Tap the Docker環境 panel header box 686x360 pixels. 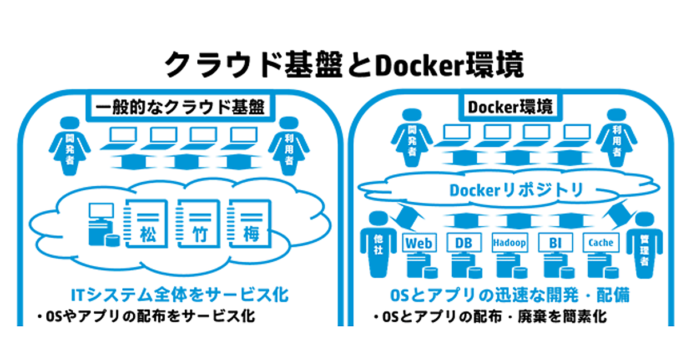click(510, 107)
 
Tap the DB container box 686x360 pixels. click(463, 243)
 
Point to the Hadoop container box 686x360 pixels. click(509, 243)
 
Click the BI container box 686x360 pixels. click(555, 243)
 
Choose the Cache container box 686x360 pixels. click(600, 243)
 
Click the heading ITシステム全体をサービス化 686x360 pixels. click(179, 295)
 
